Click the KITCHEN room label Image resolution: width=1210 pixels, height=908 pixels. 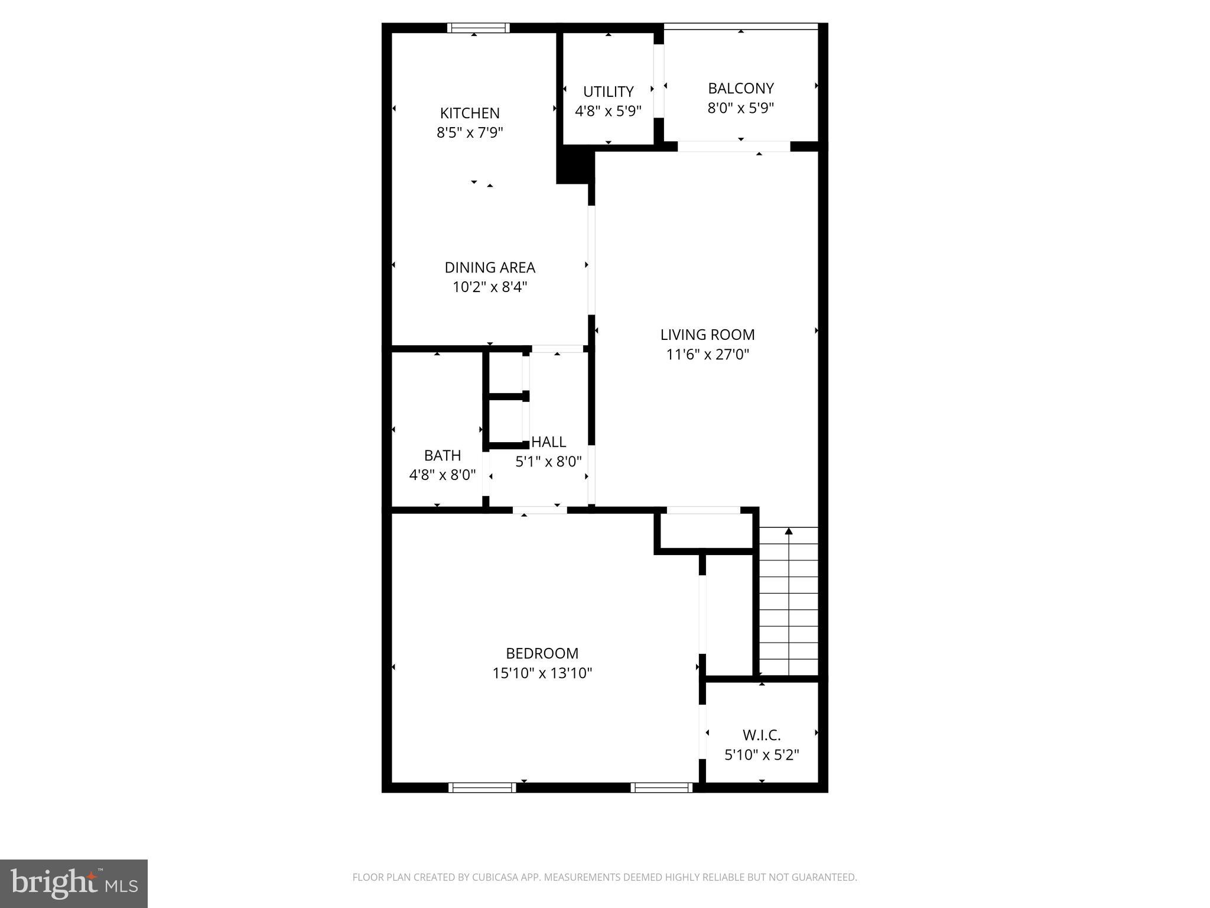pyautogui.click(x=470, y=113)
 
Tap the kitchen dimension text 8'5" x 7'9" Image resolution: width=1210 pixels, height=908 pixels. pyautogui.click(x=470, y=132)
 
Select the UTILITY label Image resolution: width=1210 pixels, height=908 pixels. pyautogui.click(x=608, y=92)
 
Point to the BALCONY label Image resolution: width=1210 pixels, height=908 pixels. pyautogui.click(x=741, y=88)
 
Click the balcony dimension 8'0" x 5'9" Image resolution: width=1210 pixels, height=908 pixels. pyautogui.click(x=741, y=108)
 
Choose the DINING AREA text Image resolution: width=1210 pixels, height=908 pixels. pyautogui.click(x=490, y=267)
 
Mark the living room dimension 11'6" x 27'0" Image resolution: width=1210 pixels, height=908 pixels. pyautogui.click(x=708, y=355)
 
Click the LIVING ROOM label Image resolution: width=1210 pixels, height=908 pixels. pyautogui.click(x=708, y=335)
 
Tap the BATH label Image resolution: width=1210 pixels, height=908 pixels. pyautogui.click(x=443, y=455)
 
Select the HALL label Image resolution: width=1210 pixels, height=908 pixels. pyautogui.click(x=549, y=442)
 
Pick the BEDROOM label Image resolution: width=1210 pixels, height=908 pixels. pyautogui.click(x=542, y=653)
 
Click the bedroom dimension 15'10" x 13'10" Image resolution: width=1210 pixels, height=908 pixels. pyautogui.click(x=542, y=673)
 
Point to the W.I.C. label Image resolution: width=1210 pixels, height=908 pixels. pyautogui.click(x=762, y=735)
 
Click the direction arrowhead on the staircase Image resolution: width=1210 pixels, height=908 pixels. pyautogui.click(x=789, y=531)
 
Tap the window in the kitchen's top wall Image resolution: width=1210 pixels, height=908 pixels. pyautogui.click(x=478, y=28)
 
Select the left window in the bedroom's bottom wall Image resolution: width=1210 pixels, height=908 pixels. pyautogui.click(x=482, y=787)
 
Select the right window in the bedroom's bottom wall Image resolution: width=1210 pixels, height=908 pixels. pyautogui.click(x=661, y=787)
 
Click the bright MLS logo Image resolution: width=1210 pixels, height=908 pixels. pyautogui.click(x=74, y=884)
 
